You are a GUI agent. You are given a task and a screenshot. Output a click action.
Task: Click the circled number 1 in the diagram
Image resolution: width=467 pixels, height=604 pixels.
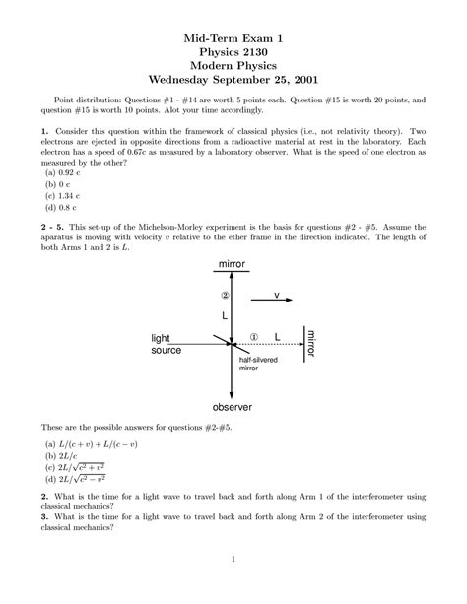pyautogui.click(x=253, y=336)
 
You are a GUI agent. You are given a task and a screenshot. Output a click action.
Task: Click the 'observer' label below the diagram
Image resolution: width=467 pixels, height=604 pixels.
pyautogui.click(x=232, y=407)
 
